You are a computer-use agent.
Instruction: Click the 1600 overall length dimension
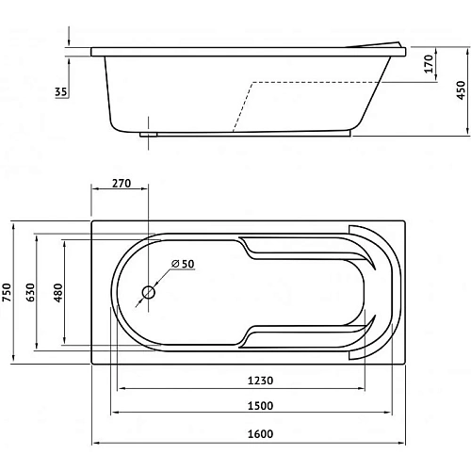click(x=260, y=434)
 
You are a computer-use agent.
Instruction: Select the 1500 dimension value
click(x=260, y=406)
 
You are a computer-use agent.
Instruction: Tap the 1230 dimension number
click(x=260, y=381)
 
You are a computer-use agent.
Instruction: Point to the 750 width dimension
click(x=7, y=292)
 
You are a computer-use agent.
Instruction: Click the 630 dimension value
click(x=30, y=292)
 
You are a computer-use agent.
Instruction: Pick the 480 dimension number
click(x=58, y=293)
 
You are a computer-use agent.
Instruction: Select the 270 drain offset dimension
click(x=122, y=183)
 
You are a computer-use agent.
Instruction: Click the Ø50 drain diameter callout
click(x=183, y=264)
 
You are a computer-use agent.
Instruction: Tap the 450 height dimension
click(x=461, y=90)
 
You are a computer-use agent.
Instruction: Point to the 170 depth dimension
click(x=429, y=64)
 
